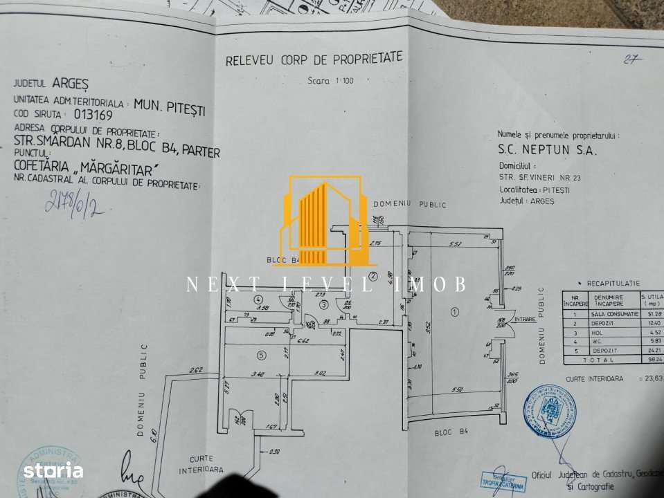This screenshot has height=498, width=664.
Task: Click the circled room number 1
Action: point(454,312)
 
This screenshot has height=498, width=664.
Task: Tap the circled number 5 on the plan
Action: point(260,356)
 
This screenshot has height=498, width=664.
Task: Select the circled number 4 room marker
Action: point(258,299)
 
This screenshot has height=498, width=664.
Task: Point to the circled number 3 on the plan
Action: point(323,304)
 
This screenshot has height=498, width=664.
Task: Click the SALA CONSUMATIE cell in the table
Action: point(610,313)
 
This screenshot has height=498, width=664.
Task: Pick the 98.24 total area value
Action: point(651,360)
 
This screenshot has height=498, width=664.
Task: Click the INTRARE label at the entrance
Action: point(526,320)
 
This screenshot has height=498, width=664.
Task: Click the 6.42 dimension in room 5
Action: point(303,341)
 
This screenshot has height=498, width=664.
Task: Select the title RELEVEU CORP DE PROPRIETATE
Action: point(314,60)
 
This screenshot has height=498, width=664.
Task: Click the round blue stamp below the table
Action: point(550,411)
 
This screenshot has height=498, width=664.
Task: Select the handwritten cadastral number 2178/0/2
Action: point(74,202)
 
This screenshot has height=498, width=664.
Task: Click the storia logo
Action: point(53,471)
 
